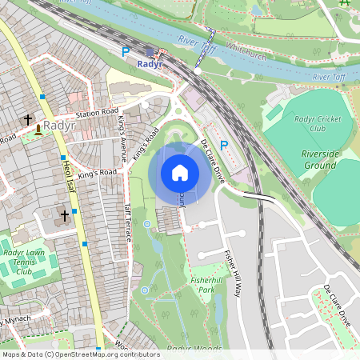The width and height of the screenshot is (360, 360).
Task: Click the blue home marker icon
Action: (x=180, y=173)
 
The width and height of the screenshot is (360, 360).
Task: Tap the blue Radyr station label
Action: (x=150, y=63)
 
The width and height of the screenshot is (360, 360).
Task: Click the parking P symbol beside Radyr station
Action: (x=125, y=51)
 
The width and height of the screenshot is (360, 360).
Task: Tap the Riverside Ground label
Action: (x=318, y=158)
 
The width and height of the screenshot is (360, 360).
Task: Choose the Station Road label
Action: (x=98, y=114)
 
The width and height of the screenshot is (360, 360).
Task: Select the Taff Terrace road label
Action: (x=126, y=222)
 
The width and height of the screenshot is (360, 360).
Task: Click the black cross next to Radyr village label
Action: (x=28, y=119)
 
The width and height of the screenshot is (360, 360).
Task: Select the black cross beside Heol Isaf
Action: (x=66, y=216)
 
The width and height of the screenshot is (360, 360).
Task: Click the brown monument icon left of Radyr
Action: (x=38, y=129)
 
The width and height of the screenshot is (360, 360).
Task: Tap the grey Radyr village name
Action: (x=59, y=125)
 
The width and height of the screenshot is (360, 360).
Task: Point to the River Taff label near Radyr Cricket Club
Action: (x=331, y=76)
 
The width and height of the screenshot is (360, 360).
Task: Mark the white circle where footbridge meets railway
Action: (x=197, y=71)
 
